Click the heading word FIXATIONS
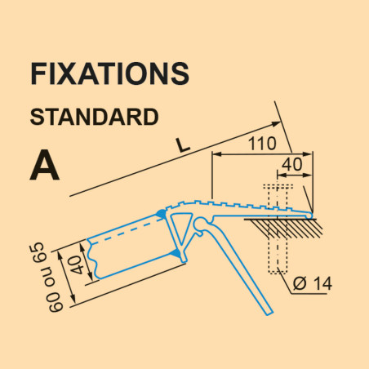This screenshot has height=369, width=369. [x=109, y=73]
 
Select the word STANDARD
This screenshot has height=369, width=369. [x=94, y=117]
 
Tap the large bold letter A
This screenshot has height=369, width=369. [x=44, y=165]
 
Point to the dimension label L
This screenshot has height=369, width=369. [x=182, y=145]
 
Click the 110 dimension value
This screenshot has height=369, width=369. [x=262, y=144]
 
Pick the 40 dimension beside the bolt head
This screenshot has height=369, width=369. [x=291, y=165]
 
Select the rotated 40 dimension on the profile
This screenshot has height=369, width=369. [x=78, y=265]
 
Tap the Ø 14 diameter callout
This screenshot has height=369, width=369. [x=313, y=283]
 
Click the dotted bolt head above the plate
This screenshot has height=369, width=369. [x=278, y=187]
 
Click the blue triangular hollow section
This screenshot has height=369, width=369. [x=180, y=229]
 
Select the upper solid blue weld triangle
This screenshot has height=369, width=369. [x=161, y=214]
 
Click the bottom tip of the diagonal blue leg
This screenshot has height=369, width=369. [x=269, y=313]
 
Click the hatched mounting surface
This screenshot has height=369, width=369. [x=283, y=228]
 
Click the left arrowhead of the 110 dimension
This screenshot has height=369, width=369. [x=216, y=154]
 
